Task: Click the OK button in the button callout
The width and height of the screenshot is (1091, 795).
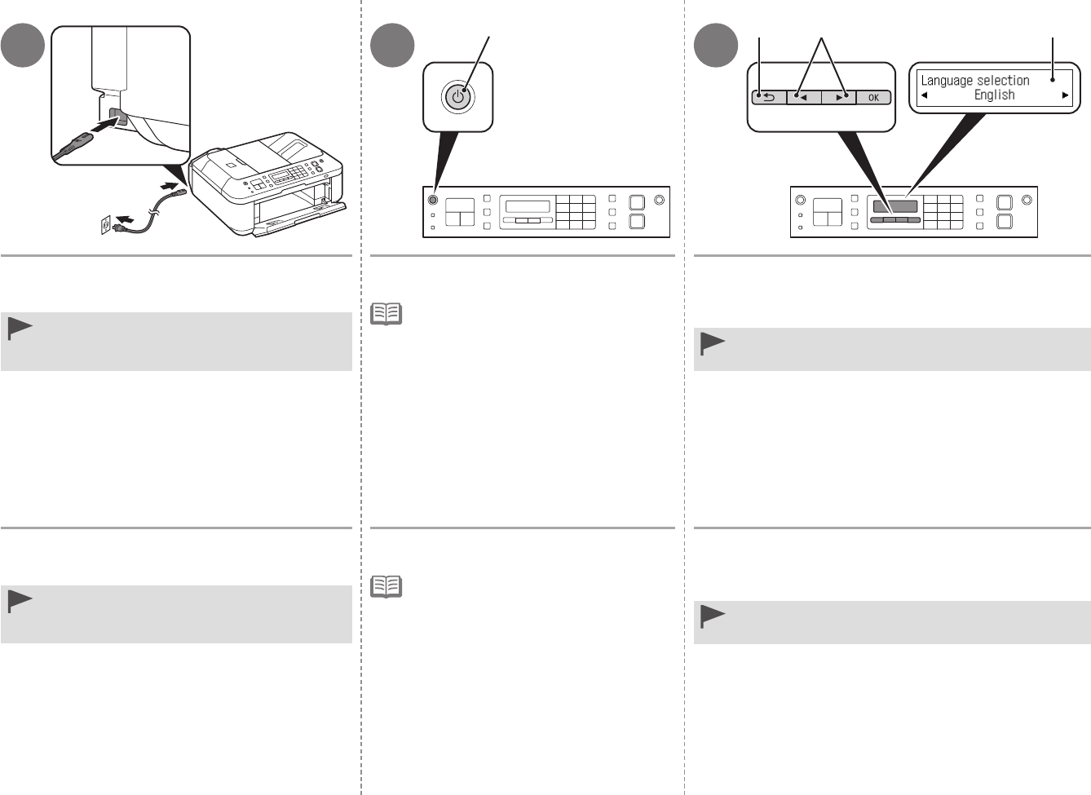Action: [873, 98]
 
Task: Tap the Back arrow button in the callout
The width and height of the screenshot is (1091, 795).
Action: [769, 98]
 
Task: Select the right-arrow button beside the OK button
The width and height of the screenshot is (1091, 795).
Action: [839, 98]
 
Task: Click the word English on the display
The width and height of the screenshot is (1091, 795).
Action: [994, 95]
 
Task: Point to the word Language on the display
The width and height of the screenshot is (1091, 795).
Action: [947, 81]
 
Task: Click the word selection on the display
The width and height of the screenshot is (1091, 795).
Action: [1003, 81]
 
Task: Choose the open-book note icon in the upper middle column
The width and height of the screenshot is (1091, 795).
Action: [386, 314]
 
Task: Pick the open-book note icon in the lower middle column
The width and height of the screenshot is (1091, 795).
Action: [386, 586]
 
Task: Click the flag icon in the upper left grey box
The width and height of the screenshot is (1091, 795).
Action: [20, 329]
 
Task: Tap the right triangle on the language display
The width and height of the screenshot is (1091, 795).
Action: [1065, 95]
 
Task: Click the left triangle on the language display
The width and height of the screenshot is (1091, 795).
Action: [924, 95]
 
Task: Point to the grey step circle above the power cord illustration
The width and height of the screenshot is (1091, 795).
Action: [23, 46]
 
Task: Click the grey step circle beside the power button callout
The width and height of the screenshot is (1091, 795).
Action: [392, 46]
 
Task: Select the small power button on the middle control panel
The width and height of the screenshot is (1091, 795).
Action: [432, 199]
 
